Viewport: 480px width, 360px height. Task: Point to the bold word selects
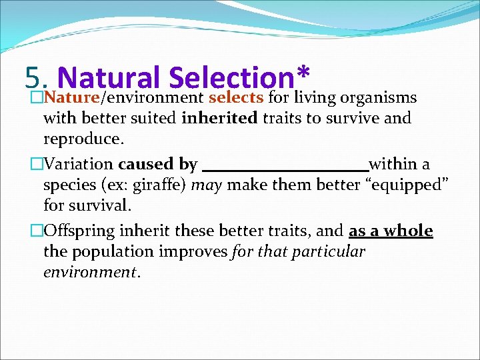pyautogui.click(x=237, y=98)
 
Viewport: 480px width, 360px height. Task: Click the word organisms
pyautogui.click(x=378, y=98)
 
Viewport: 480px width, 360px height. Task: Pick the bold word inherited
pyautogui.click(x=220, y=119)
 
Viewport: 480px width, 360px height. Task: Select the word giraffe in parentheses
pyautogui.click(x=157, y=185)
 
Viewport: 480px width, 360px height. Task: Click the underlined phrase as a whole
pyautogui.click(x=391, y=231)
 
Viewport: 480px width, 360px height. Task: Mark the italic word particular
pyautogui.click(x=327, y=251)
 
